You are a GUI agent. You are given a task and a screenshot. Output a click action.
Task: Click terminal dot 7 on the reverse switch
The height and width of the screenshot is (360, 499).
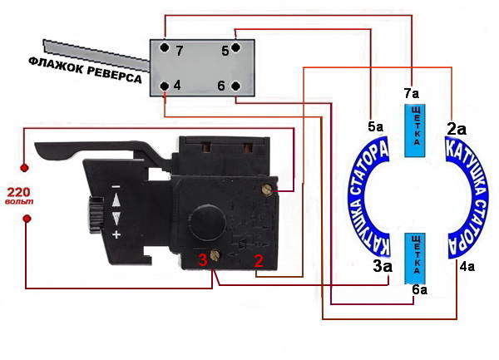pos(164,47)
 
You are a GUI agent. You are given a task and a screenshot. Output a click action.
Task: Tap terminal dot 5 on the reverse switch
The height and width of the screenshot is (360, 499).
pos(235,47)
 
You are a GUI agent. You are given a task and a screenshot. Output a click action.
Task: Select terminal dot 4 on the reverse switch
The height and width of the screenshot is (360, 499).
pos(165,86)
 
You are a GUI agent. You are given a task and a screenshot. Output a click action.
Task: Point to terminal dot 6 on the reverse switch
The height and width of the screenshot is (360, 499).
pos(235,86)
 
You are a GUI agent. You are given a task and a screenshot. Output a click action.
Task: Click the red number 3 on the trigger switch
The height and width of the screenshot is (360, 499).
pos(203,260)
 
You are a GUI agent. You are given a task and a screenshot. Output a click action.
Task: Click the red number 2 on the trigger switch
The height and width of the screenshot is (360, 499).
pos(259,260)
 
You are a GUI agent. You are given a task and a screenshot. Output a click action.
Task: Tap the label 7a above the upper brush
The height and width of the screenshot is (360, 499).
pos(412,93)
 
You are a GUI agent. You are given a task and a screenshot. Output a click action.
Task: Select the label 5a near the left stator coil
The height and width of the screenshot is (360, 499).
pos(376,127)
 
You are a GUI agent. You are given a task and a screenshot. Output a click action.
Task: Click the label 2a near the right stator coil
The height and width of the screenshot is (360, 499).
pos(457,129)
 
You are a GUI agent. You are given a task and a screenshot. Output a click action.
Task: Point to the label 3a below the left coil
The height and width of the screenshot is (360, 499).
pos(383,267)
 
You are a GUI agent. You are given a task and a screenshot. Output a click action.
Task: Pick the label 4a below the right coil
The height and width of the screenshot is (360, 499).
pos(467,267)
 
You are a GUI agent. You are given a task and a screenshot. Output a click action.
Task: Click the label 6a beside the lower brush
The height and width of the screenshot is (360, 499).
pos(420,290)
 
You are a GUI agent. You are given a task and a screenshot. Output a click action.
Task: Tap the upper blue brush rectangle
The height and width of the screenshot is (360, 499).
pos(415,131)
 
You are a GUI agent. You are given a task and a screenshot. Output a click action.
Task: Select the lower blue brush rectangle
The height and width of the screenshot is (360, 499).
pos(415,259)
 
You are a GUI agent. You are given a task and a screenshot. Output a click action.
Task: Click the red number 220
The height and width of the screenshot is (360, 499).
pos(19,192)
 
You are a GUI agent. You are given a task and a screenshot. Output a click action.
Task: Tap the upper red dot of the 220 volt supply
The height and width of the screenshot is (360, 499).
pos(24,168)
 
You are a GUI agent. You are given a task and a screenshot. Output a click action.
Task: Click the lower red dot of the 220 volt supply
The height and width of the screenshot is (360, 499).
pos(27,219)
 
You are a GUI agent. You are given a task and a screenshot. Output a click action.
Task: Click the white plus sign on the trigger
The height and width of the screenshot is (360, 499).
pos(116,234)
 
